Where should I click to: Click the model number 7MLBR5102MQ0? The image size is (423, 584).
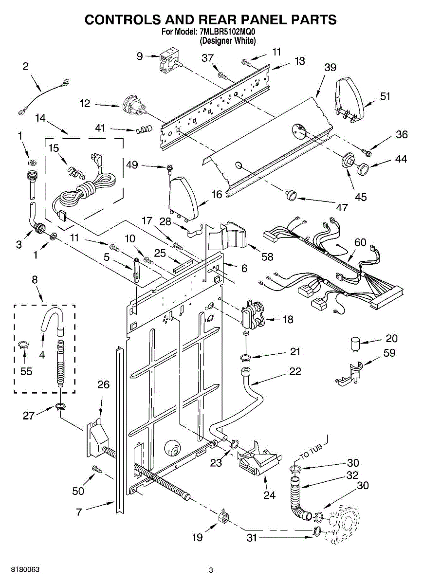pos(227,32)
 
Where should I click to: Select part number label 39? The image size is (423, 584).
pos(330,67)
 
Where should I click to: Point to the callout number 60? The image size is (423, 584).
pos(360,242)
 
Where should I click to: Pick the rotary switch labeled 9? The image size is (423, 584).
pos(167,60)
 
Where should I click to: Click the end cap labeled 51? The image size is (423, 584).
pos(349,100)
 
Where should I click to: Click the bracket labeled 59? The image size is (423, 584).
pos(349,373)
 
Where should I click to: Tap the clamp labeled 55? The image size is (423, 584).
pos(24,345)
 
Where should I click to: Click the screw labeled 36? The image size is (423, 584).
pos(367,152)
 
